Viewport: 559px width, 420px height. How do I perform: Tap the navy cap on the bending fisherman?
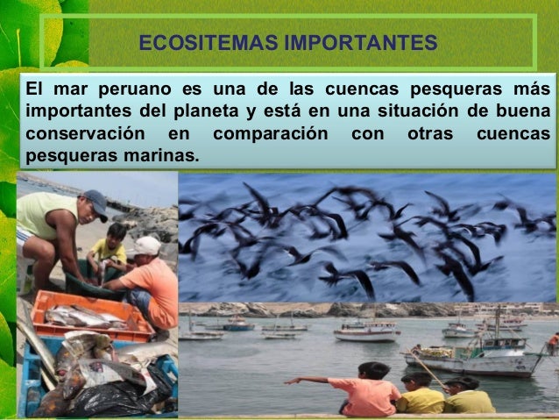click(96, 203)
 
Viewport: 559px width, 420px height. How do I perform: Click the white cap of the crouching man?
click(146, 246)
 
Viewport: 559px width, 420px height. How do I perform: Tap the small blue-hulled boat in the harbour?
click(237, 326)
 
